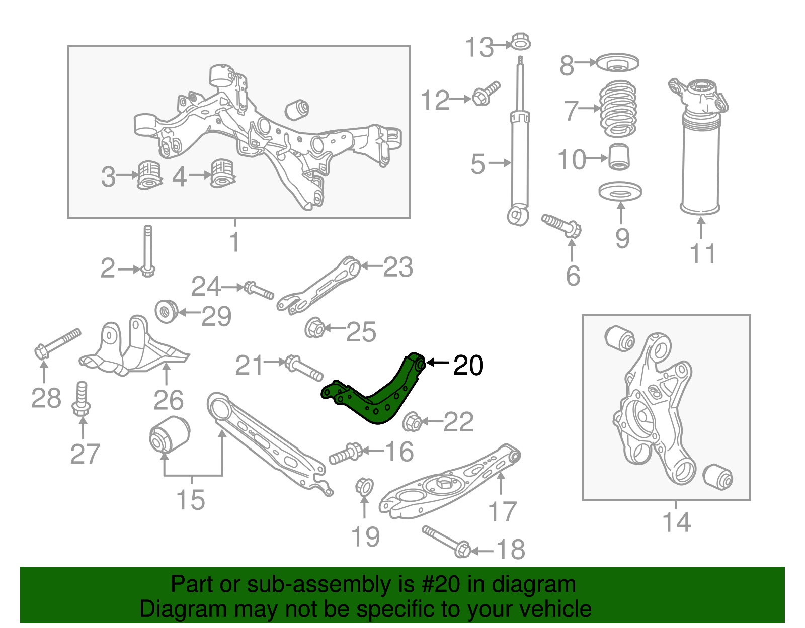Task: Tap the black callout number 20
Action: pyautogui.click(x=468, y=366)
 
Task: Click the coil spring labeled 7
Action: pyautogui.click(x=618, y=109)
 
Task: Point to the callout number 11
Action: pyautogui.click(x=702, y=254)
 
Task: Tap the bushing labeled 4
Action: pyautogui.click(x=222, y=173)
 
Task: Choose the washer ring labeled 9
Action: pyautogui.click(x=620, y=192)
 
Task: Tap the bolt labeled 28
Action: pyautogui.click(x=57, y=343)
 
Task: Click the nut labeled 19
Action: pyautogui.click(x=364, y=486)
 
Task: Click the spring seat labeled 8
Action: pyautogui.click(x=617, y=64)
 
